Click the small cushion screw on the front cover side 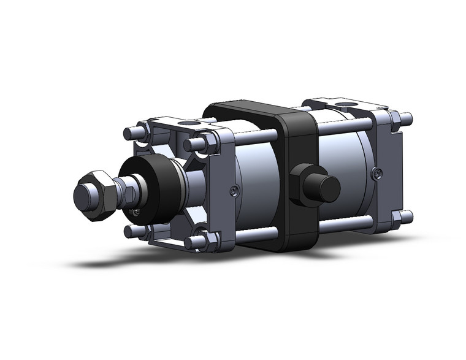click(x=234, y=191)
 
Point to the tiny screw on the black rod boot click(x=136, y=212)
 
